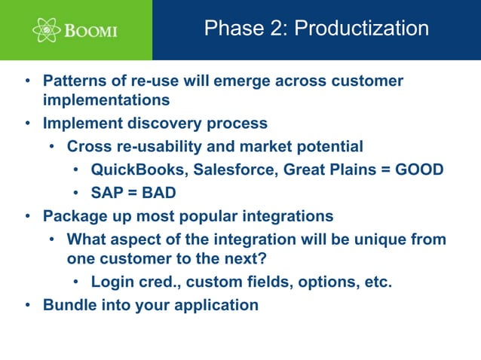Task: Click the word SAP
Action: click(x=107, y=193)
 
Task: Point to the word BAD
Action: click(x=158, y=193)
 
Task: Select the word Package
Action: click(x=73, y=216)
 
